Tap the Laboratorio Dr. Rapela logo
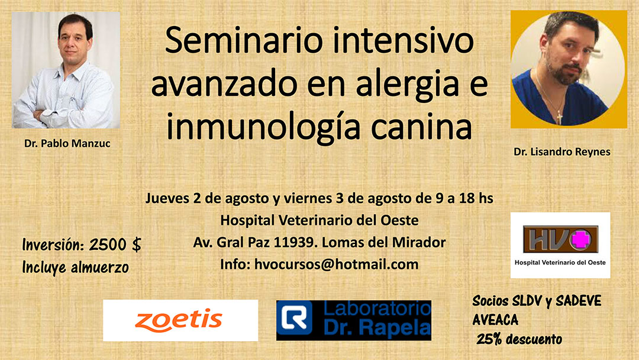354,320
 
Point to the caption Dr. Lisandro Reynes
562,152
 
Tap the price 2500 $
116,245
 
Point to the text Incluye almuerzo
75,266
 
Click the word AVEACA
495,320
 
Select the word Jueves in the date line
166,198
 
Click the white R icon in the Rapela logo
293,320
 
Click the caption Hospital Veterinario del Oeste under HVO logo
560,262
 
